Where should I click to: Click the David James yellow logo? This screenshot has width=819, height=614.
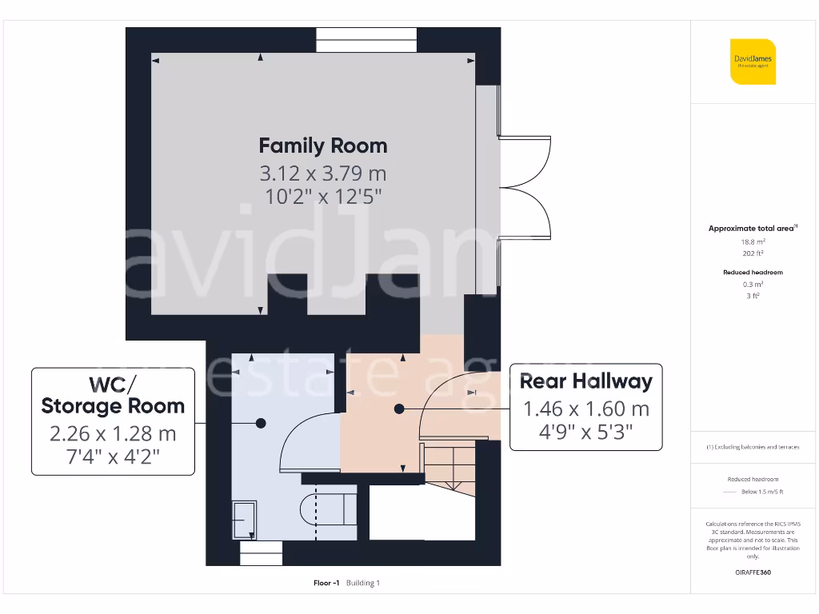coord(753,62)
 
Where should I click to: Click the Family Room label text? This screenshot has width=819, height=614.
coord(323,146)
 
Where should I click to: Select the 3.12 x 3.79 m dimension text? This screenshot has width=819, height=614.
coord(323,173)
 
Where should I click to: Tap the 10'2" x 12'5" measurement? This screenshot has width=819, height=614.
coord(323,196)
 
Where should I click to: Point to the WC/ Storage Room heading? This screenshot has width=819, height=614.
coord(113,394)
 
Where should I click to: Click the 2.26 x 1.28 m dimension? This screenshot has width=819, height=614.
coord(113,434)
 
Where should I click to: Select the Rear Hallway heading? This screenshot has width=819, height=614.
coord(586,381)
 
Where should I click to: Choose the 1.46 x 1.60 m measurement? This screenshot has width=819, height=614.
coord(586,409)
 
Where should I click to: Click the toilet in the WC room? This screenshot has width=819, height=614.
coord(328,508)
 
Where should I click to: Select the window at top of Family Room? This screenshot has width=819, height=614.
coord(366,40)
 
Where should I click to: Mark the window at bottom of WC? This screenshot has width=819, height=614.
coord(262,553)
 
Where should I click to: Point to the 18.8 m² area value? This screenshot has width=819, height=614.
coord(753,241)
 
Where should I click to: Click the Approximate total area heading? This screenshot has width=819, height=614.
coord(753,229)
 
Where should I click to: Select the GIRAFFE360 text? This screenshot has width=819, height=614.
coord(753,572)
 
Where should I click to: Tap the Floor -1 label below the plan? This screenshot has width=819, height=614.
coord(327,583)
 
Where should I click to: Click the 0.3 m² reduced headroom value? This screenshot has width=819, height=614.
coord(753,284)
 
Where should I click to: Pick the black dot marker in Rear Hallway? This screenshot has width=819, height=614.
coord(399,409)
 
